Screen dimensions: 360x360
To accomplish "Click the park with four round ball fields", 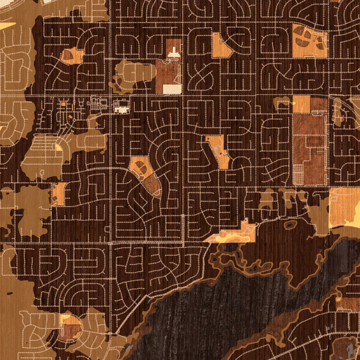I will click(x=309, y=41).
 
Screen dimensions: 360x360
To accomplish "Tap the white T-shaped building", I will click(x=173, y=51).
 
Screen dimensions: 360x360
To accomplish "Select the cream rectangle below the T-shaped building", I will click(x=172, y=89).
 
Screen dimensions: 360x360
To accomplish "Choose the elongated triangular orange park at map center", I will click(x=219, y=151).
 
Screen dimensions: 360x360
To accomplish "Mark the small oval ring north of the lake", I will click(x=291, y=225).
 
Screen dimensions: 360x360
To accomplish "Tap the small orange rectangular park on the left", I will click(x=58, y=194).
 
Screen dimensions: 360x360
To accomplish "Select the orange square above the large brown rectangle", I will click(x=301, y=104).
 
